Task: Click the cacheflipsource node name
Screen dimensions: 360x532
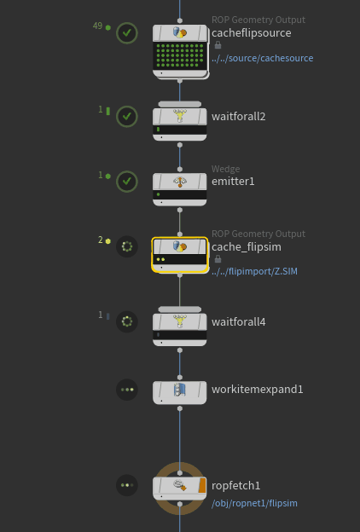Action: click(x=252, y=33)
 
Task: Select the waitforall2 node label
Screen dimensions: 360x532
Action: click(x=238, y=117)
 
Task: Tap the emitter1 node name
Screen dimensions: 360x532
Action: click(x=233, y=182)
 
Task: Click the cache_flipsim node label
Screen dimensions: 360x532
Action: click(x=247, y=247)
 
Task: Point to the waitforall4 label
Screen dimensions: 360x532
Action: click(x=238, y=321)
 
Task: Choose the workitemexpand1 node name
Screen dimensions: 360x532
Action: click(x=257, y=389)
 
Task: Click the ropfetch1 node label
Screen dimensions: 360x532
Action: click(x=235, y=485)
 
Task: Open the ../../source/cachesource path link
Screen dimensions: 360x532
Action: click(x=263, y=58)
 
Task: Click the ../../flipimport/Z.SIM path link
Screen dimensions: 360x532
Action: click(x=254, y=271)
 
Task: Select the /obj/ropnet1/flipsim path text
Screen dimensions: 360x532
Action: click(x=254, y=503)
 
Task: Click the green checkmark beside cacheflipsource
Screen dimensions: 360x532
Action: click(x=127, y=33)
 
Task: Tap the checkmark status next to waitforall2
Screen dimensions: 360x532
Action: click(x=127, y=116)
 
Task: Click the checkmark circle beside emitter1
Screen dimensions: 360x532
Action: click(x=127, y=182)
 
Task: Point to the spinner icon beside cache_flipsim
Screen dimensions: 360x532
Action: click(x=127, y=246)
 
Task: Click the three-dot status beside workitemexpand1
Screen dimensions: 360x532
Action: click(x=127, y=390)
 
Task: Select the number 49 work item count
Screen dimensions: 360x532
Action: click(x=97, y=26)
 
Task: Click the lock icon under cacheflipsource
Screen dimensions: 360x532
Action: click(x=218, y=45)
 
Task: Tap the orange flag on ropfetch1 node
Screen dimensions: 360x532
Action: click(x=202, y=485)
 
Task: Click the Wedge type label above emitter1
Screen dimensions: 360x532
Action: click(x=225, y=169)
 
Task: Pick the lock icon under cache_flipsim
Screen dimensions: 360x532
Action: click(x=218, y=259)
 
